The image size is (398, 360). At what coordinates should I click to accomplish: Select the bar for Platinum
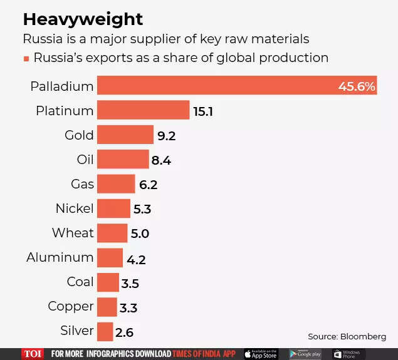coord(144,111)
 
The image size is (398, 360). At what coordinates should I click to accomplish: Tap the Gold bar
coord(125,135)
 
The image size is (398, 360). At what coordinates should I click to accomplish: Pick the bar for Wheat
coord(113,233)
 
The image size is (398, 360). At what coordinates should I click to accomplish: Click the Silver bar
coord(105,331)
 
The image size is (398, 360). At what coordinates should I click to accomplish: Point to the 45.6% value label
coord(357,86)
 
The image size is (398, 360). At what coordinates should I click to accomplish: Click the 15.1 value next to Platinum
coord(203,111)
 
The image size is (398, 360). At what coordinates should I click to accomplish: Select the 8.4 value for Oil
coord(161,160)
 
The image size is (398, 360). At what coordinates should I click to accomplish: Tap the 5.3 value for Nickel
coord(142,209)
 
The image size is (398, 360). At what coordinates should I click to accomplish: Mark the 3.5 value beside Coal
coord(130,283)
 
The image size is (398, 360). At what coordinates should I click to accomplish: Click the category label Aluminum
coord(60,257)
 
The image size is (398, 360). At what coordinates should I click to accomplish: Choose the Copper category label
coord(71,307)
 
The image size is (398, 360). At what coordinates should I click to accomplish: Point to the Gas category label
coord(82,184)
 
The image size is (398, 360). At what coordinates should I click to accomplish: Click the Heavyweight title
coord(83,19)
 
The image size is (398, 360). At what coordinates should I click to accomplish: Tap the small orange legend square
coord(26,58)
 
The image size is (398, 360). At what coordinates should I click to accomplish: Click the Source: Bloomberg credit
coord(347,336)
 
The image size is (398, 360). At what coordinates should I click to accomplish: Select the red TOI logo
coord(33,354)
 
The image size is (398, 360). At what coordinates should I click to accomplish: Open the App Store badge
coord(260,354)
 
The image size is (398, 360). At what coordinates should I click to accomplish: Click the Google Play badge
coord(305,354)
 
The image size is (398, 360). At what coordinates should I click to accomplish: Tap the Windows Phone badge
coord(348,354)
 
